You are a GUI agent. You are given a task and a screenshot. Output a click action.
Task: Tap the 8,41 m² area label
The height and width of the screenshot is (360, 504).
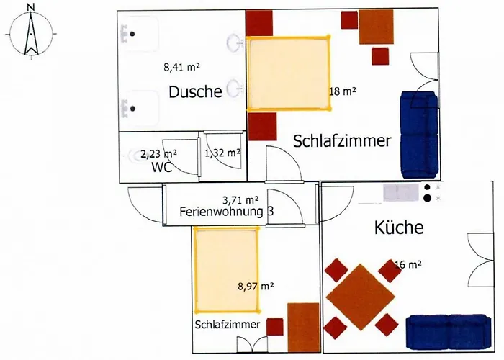pos(181,68)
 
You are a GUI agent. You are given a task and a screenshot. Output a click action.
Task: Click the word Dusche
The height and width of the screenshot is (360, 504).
pos(194,91)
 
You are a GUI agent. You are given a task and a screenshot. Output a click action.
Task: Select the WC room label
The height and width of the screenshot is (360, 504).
pos(161,167)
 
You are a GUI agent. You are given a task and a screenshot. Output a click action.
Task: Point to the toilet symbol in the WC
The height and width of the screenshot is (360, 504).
pos(137,155)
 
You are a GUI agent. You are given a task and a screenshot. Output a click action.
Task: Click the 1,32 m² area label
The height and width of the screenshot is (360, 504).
pos(222,153)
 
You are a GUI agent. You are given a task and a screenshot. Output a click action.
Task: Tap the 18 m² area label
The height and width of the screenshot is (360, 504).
pos(343,91)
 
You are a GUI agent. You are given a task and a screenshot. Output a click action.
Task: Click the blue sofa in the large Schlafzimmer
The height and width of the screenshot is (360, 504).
pos(419,135)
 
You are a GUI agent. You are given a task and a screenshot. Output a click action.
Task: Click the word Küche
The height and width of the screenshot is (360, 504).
pos(399,229)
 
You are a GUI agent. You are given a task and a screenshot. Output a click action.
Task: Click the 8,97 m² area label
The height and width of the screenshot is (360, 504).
pos(256,286)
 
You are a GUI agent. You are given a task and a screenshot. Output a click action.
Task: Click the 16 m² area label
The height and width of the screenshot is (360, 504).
pos(408,264)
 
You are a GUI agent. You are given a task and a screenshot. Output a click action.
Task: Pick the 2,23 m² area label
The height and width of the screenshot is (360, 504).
pos(158,153)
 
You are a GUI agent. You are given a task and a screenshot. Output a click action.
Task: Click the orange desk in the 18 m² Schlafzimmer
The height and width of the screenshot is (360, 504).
pos(377,27)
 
